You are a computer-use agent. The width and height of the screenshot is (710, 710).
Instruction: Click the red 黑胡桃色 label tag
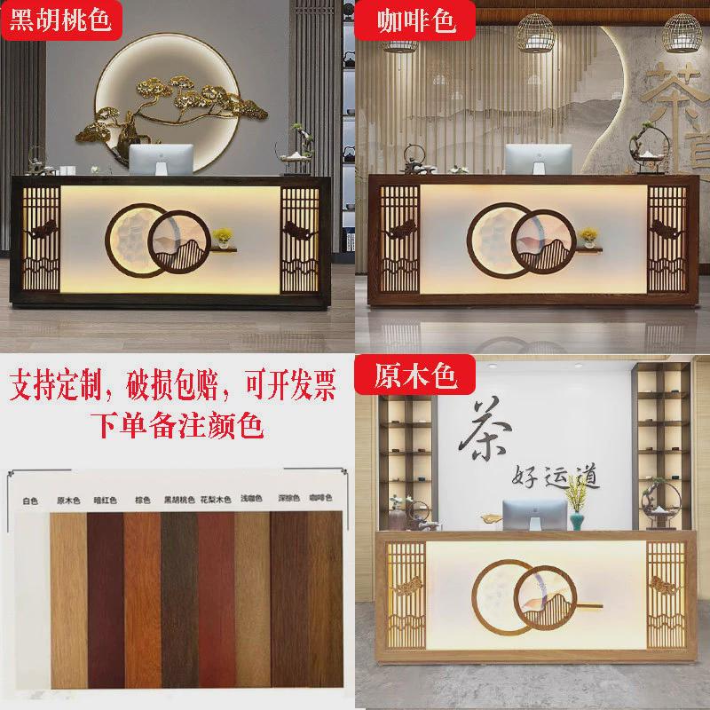60,20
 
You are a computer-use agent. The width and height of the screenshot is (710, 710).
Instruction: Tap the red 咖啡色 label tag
406,20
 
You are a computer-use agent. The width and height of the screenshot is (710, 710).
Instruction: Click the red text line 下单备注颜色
177,423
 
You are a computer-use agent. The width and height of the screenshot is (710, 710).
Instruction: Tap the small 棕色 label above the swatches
142,501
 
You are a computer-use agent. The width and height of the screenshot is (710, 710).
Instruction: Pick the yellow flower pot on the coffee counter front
587,236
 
